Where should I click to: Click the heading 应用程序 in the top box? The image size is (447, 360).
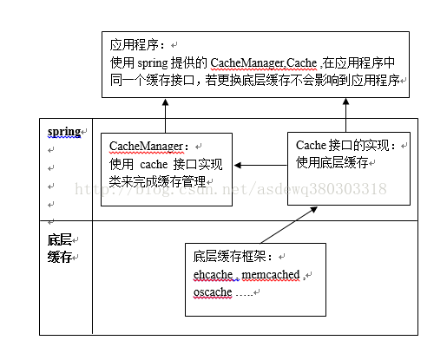(135, 45)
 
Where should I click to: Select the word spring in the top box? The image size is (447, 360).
(153, 63)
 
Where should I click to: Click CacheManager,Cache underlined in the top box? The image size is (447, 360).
(264, 62)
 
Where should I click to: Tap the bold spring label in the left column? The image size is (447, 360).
(64, 132)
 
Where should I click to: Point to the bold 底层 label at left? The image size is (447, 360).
(60, 239)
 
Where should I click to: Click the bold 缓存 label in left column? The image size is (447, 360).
(60, 257)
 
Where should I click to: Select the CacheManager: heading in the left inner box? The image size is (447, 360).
(148, 146)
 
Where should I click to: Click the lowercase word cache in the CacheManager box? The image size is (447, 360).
(154, 165)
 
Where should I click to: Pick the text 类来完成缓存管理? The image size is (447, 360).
(157, 181)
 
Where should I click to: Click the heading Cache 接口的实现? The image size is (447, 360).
(345, 145)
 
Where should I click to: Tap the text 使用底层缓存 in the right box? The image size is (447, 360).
(332, 162)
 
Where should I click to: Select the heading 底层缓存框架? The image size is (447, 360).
(233, 256)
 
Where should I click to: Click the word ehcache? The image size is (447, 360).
(213, 274)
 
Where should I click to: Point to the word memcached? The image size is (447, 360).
(271, 274)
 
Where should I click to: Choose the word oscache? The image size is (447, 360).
(213, 292)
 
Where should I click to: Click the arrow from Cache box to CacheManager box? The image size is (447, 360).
(260, 165)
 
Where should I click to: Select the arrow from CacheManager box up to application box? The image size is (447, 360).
(165, 115)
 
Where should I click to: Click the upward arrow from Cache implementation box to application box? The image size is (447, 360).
(345, 115)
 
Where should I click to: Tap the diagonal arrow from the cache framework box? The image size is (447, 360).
(289, 225)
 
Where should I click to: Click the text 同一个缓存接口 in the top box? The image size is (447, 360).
(152, 81)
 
